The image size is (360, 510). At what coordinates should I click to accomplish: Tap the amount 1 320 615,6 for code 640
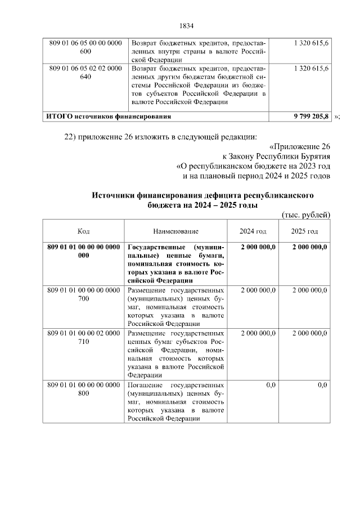tap(311, 68)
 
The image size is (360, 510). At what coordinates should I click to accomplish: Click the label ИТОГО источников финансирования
tap(109, 116)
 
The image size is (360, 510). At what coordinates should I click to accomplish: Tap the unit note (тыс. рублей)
tap(305, 215)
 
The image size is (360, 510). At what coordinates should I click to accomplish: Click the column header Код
tap(83, 231)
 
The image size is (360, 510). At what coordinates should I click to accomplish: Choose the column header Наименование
tap(175, 231)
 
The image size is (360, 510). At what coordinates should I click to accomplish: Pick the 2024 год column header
tap(253, 231)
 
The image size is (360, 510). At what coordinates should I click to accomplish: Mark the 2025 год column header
tap(304, 231)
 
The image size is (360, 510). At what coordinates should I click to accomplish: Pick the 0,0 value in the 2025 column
tap(322, 385)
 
